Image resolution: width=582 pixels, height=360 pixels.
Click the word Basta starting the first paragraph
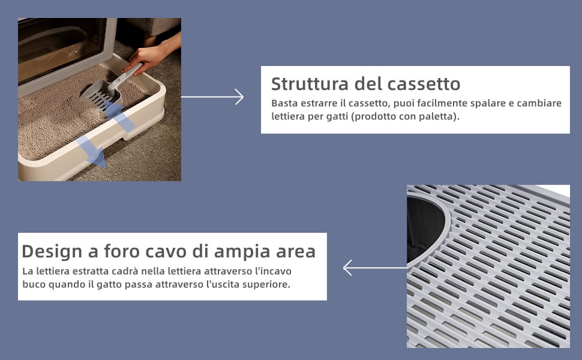pos(284,103)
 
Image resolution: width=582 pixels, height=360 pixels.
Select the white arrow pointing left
pos(373,267)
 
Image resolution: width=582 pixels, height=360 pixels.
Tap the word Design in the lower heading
pos(52,251)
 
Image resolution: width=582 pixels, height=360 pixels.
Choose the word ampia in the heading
pos(234,251)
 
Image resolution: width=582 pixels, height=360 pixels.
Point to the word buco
pos(34,284)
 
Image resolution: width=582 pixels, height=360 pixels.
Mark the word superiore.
pos(266,284)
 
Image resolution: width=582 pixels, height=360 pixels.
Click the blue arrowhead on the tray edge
pos(95,158)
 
